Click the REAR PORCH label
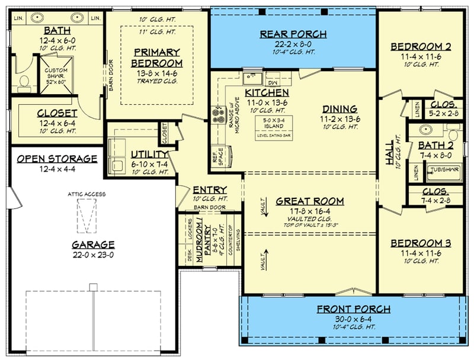pyautogui.click(x=293, y=34)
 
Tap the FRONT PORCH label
pyautogui.click(x=353, y=309)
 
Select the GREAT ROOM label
pyautogui.click(x=310, y=201)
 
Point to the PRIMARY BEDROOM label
pyautogui.click(x=156, y=57)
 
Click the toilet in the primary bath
pyautogui.click(x=24, y=81)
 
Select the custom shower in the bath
pyautogui.click(x=56, y=75)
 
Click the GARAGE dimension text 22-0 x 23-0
pyautogui.click(x=94, y=255)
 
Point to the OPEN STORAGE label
pyautogui.click(x=57, y=159)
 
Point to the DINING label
pyautogui.click(x=340, y=109)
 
